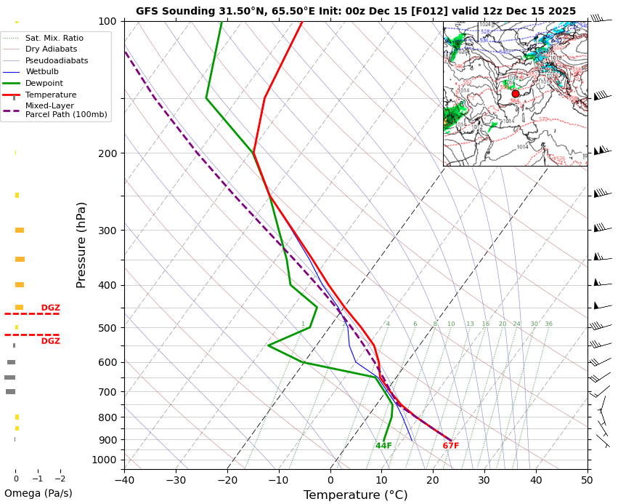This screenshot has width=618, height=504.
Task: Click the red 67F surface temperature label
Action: click(x=451, y=446)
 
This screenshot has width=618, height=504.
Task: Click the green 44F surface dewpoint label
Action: click(x=383, y=446)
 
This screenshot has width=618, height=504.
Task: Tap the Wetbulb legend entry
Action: click(x=46, y=72)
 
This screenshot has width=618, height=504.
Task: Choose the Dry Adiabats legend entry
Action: click(x=51, y=49)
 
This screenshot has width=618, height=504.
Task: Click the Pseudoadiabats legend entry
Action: click(x=57, y=60)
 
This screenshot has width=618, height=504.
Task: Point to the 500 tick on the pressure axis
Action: click(x=108, y=328)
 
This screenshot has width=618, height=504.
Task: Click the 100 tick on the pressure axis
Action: click(x=108, y=21)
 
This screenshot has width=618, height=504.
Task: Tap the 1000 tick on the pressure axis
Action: click(x=106, y=460)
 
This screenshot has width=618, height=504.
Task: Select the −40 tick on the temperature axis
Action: click(x=124, y=480)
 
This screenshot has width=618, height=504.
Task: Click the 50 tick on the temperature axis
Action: click(x=587, y=480)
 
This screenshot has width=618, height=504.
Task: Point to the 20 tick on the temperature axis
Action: click(x=433, y=480)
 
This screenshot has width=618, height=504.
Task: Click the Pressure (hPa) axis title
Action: click(x=81, y=244)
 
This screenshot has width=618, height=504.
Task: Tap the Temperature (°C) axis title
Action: click(x=355, y=495)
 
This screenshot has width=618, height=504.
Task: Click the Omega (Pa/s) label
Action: click(x=38, y=493)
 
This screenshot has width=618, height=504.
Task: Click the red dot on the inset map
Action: click(x=516, y=94)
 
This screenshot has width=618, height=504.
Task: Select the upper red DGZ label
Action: click(x=50, y=308)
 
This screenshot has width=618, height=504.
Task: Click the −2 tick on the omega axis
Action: click(x=60, y=479)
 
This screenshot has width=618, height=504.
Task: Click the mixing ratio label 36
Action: click(x=549, y=324)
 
